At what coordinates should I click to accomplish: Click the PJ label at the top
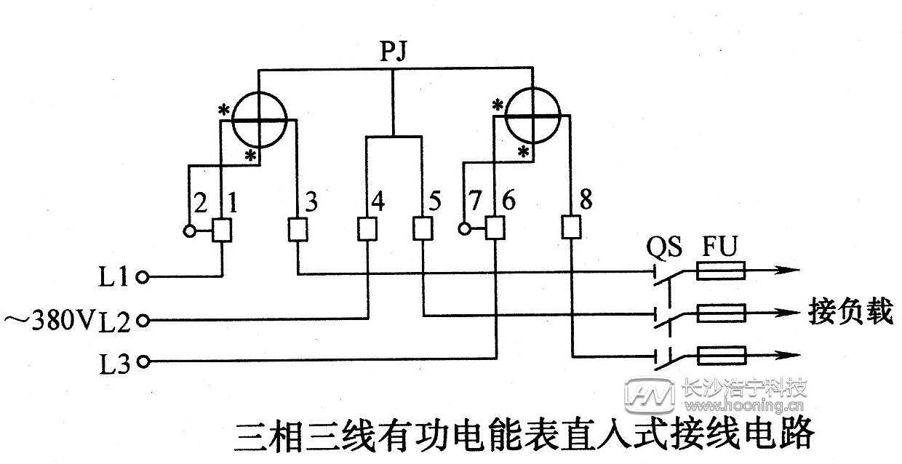tap(394, 52)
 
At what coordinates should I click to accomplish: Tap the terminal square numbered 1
tap(222, 231)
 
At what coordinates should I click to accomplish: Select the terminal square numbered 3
tap(297, 231)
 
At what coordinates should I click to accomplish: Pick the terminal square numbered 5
tap(423, 231)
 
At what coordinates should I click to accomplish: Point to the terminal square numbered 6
tap(497, 230)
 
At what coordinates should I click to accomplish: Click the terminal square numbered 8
tap(572, 229)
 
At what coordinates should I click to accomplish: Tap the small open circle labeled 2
tap(188, 231)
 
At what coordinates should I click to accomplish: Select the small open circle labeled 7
tap(464, 230)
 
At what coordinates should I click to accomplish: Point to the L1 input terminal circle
tap(143, 276)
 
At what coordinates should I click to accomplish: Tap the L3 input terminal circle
tap(143, 361)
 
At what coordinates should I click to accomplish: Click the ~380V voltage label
tap(49, 319)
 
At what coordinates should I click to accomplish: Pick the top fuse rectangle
tap(721, 272)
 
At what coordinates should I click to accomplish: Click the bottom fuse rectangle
tap(721, 356)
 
